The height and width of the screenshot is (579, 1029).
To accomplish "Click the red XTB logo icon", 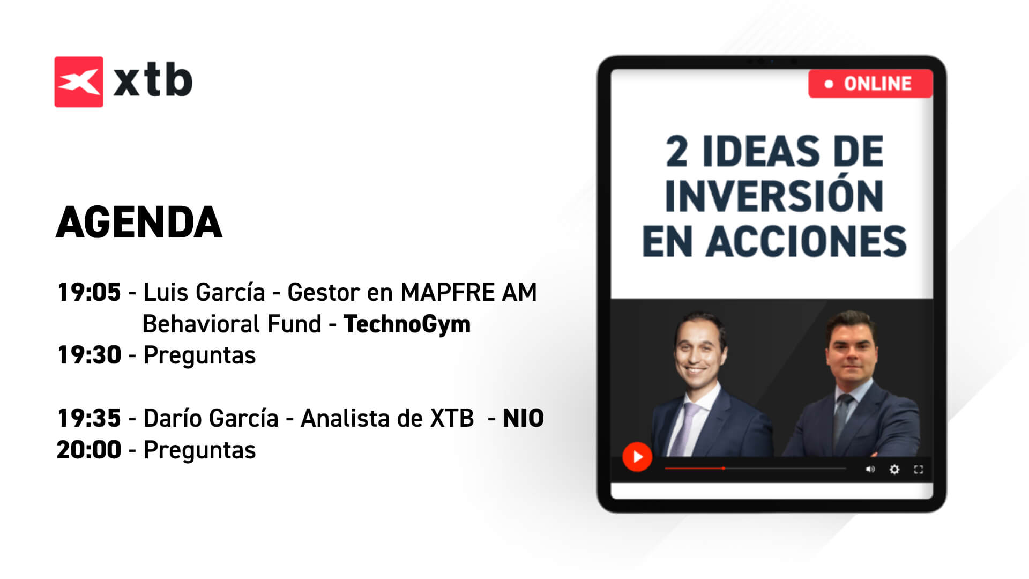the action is [79, 81].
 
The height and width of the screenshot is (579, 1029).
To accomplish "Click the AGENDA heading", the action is [139, 222].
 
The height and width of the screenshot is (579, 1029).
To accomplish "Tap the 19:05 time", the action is [89, 292].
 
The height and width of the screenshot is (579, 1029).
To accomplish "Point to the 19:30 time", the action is [89, 355].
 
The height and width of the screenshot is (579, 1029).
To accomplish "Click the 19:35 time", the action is [89, 418].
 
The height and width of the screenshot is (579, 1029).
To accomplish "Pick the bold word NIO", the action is [523, 418].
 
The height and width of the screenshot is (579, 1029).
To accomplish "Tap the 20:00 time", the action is [89, 450].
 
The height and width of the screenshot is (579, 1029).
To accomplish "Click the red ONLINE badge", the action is [870, 84].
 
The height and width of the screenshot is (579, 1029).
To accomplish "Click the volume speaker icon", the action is [870, 470].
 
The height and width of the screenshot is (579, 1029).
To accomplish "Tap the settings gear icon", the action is [894, 470].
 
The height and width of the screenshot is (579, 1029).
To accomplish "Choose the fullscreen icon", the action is [919, 470].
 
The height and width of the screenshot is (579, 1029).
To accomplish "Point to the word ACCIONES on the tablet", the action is [806, 241].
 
